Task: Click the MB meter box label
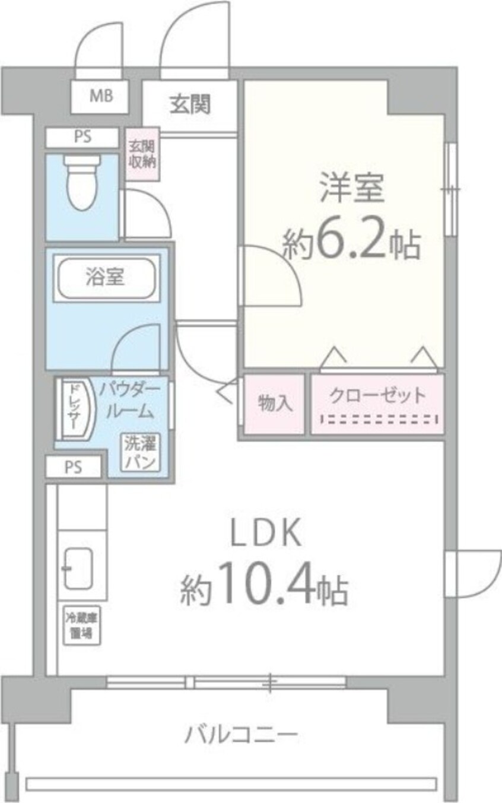point(100,96)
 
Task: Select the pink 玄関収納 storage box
point(142,154)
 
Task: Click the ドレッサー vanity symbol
point(74,409)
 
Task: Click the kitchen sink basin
point(78,569)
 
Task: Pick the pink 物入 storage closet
point(275,404)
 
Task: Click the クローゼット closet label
point(377,395)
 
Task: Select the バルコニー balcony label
point(240,736)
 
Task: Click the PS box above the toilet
point(82,137)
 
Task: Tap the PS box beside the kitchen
point(75,467)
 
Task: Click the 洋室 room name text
point(352,187)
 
